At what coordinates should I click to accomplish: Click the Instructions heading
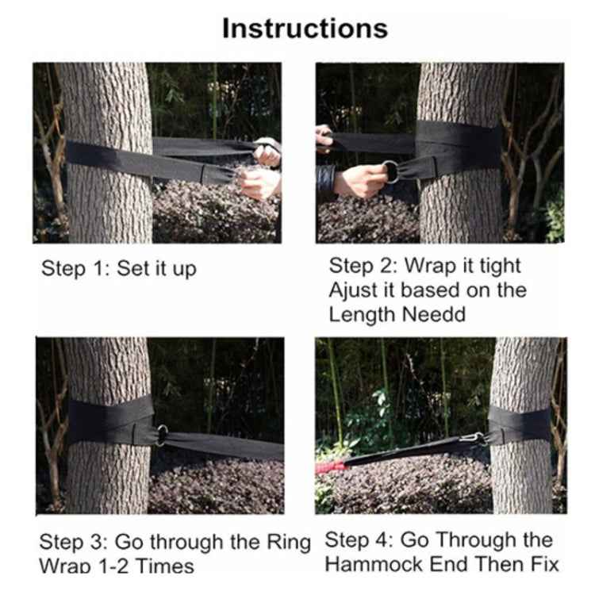coord(305,28)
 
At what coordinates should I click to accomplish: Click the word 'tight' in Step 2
coord(496,265)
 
